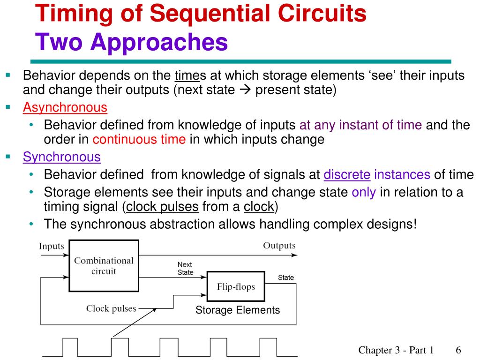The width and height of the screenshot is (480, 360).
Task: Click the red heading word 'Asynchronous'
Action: pos(65,107)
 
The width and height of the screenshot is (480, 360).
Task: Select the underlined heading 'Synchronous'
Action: pos(62,157)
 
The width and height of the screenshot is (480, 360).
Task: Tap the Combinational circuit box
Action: pos(104,265)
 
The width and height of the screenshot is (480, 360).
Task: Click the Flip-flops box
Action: pos(236,286)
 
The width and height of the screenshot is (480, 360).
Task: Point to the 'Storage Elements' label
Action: pos(238,310)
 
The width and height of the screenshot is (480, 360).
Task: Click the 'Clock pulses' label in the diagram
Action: pos(111,308)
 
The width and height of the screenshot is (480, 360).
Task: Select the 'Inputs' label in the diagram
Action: pos(51,246)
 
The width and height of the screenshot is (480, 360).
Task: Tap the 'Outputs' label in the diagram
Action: pos(279,246)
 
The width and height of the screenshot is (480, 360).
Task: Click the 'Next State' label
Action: pos(185,269)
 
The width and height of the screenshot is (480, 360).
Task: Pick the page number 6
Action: pos(458,350)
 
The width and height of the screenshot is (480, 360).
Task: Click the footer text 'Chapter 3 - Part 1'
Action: pos(396,350)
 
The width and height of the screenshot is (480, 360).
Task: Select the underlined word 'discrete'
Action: pos(347,175)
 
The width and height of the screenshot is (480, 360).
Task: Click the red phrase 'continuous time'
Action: pos(139,140)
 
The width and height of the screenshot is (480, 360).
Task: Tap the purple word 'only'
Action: pos(364,193)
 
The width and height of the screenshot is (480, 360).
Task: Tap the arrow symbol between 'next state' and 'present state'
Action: pos(245,90)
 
